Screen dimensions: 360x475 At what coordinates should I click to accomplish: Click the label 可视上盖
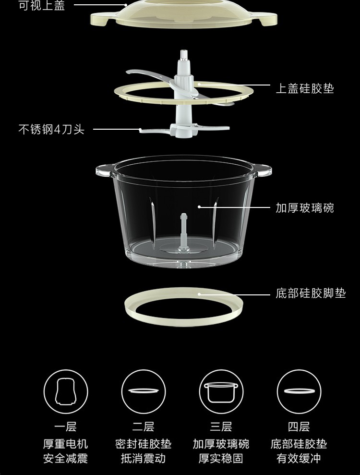(x=42, y=5)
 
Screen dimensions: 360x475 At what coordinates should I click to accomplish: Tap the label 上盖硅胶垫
(x=305, y=88)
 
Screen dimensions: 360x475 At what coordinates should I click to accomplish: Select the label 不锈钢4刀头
(x=51, y=129)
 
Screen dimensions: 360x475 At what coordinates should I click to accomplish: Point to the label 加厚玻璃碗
(x=305, y=208)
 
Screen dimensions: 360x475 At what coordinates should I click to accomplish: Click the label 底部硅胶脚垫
(x=311, y=293)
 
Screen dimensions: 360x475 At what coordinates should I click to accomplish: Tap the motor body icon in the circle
(x=66, y=391)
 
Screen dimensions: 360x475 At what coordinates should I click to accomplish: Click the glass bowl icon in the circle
(x=221, y=392)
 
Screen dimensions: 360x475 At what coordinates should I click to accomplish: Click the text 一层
(x=65, y=427)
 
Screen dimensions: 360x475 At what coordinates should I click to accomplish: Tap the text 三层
(x=221, y=427)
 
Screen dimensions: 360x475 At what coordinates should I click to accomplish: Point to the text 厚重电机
(x=65, y=444)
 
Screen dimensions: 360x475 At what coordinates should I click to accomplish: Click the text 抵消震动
(x=143, y=458)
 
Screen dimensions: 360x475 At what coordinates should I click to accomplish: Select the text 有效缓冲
(x=299, y=458)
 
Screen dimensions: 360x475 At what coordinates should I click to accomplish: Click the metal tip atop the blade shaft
(x=183, y=55)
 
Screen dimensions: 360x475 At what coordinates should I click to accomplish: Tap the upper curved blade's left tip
(x=128, y=72)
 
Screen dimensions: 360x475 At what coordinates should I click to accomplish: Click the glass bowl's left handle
(x=105, y=170)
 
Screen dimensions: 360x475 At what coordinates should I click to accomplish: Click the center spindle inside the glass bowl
(x=183, y=232)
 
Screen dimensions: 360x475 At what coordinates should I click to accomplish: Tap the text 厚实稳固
(x=221, y=458)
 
